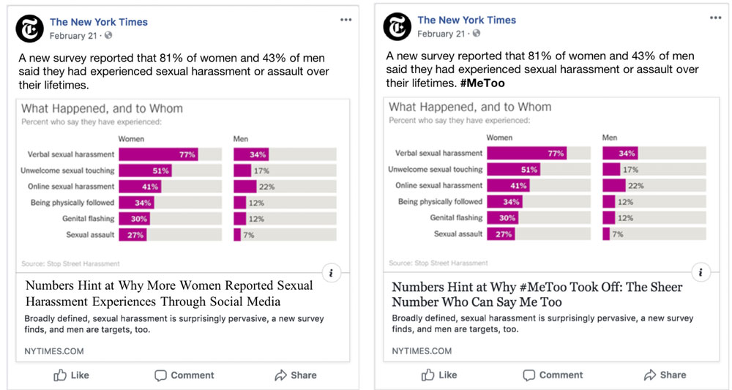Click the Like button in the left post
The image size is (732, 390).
[72, 375]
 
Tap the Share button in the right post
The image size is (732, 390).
[665, 375]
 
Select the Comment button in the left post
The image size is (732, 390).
[184, 375]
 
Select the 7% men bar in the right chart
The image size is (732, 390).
[606, 234]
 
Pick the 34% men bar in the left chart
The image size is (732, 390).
[251, 154]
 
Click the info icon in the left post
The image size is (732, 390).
[332, 273]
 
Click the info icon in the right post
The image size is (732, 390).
[701, 273]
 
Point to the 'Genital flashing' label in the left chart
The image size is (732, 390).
[88, 218]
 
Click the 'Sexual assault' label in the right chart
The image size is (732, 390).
[458, 234]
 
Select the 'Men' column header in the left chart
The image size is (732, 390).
[241, 138]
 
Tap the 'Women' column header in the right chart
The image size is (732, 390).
[499, 137]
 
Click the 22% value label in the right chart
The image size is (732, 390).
[635, 186]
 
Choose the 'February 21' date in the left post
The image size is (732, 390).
[73, 35]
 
